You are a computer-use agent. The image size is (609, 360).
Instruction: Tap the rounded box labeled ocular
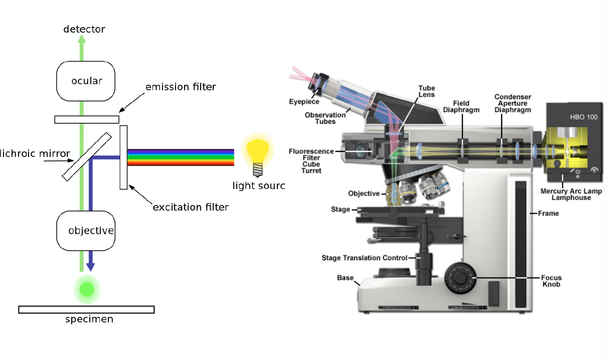[x=86, y=81]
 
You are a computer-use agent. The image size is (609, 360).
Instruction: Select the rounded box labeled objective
[x=86, y=231]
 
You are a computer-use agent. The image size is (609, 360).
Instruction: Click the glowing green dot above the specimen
[x=87, y=289]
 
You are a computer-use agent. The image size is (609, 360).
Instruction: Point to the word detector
[x=84, y=30]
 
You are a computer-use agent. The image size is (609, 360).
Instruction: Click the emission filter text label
[x=181, y=87]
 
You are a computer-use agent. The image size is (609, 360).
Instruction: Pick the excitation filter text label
[x=191, y=207]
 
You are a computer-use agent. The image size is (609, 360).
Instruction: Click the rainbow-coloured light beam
[x=181, y=157]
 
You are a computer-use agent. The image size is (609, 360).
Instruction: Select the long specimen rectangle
[x=86, y=309]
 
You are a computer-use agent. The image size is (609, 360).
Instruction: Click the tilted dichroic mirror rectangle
[x=87, y=156]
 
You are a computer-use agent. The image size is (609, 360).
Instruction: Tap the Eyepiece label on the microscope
[x=304, y=102]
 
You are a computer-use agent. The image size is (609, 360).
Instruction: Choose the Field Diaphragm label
[x=461, y=107]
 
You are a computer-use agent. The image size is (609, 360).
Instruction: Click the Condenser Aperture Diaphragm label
[x=513, y=103]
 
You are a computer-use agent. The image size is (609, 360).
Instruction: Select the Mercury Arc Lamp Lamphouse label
[x=571, y=194]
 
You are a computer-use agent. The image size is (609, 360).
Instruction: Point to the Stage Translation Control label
[x=364, y=258]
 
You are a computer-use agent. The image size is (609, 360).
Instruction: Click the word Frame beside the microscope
[x=548, y=214]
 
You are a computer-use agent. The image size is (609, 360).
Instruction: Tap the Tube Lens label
[x=426, y=91]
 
